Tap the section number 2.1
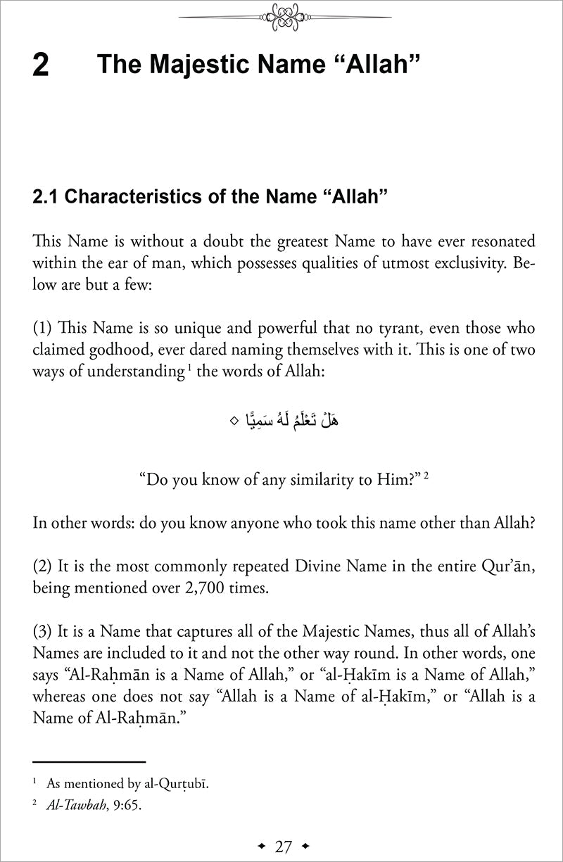[x=46, y=198]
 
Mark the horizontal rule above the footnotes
[x=89, y=762]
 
